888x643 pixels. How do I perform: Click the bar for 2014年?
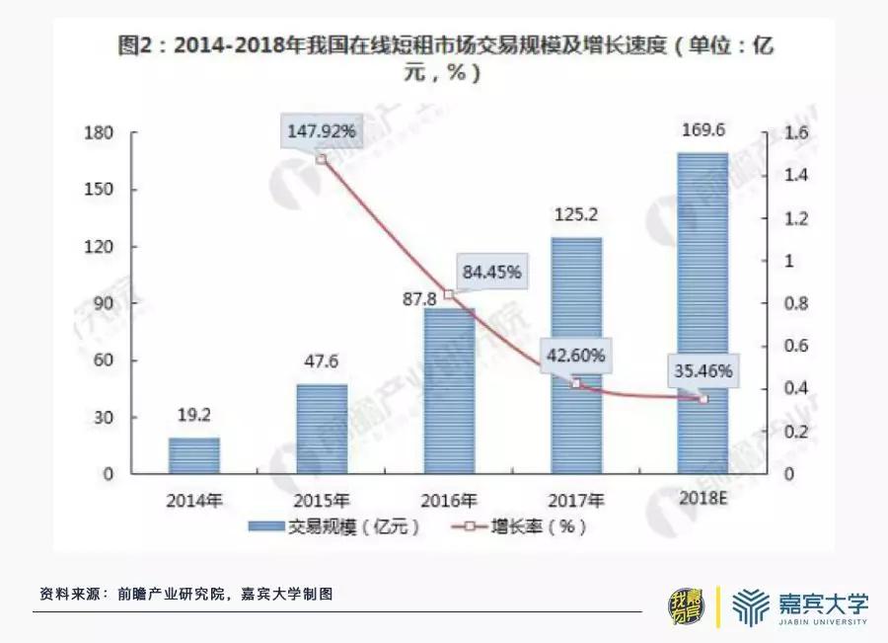193,455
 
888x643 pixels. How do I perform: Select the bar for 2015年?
321,429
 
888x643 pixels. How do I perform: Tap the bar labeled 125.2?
575,356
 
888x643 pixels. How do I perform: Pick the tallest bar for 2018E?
702,313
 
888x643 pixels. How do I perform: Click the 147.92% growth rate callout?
322,130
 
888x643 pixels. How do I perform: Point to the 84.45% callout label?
489,272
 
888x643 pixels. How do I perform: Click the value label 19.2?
193,417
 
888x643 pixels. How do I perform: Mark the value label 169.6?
703,130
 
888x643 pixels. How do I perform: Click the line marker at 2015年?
322,159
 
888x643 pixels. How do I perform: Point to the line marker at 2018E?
703,399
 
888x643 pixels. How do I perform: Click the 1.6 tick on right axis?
769,133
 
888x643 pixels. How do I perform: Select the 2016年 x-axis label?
448,499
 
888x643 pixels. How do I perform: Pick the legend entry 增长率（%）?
522,526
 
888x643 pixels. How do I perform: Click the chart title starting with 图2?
443,58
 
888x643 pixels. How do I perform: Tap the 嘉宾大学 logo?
801,604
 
